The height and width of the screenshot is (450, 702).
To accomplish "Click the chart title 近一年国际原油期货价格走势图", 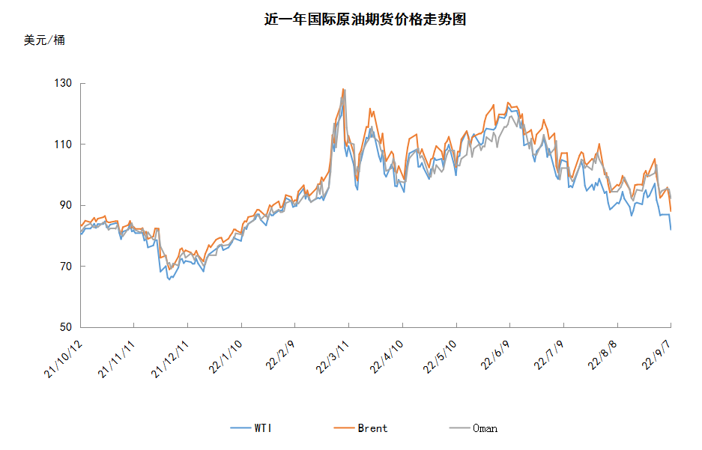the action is point(365,19).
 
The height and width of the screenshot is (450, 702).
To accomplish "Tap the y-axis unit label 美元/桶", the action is point(44,40).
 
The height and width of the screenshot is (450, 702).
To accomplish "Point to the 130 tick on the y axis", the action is point(63,83).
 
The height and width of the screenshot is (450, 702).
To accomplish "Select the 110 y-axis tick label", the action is point(63,144).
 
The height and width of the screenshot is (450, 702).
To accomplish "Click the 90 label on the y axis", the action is point(66,205).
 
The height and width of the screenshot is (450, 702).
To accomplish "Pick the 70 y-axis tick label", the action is point(66,266).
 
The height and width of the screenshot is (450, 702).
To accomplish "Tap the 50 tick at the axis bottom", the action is point(66,327).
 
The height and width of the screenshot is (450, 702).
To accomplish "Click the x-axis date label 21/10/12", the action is point(64,359).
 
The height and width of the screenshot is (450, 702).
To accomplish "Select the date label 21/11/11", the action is point(116,359).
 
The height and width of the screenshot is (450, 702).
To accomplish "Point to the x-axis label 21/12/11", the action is point(170,359).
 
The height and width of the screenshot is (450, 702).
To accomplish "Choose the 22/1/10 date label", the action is point(226,356).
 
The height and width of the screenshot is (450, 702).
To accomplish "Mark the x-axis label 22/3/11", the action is point(333,356).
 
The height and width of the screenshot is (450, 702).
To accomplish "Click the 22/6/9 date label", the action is point(496,355).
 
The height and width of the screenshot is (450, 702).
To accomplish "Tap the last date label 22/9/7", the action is point(656,355).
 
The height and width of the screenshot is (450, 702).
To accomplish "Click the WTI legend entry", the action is point(251,428).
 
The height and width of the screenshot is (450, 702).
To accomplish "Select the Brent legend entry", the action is point(361,428).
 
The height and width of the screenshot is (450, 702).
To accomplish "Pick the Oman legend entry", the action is point(473,428).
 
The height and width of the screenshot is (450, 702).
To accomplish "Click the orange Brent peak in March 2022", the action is point(343,89).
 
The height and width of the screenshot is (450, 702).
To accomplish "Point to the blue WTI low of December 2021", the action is point(169,279).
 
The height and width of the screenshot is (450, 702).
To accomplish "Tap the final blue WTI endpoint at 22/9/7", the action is point(671,229).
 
